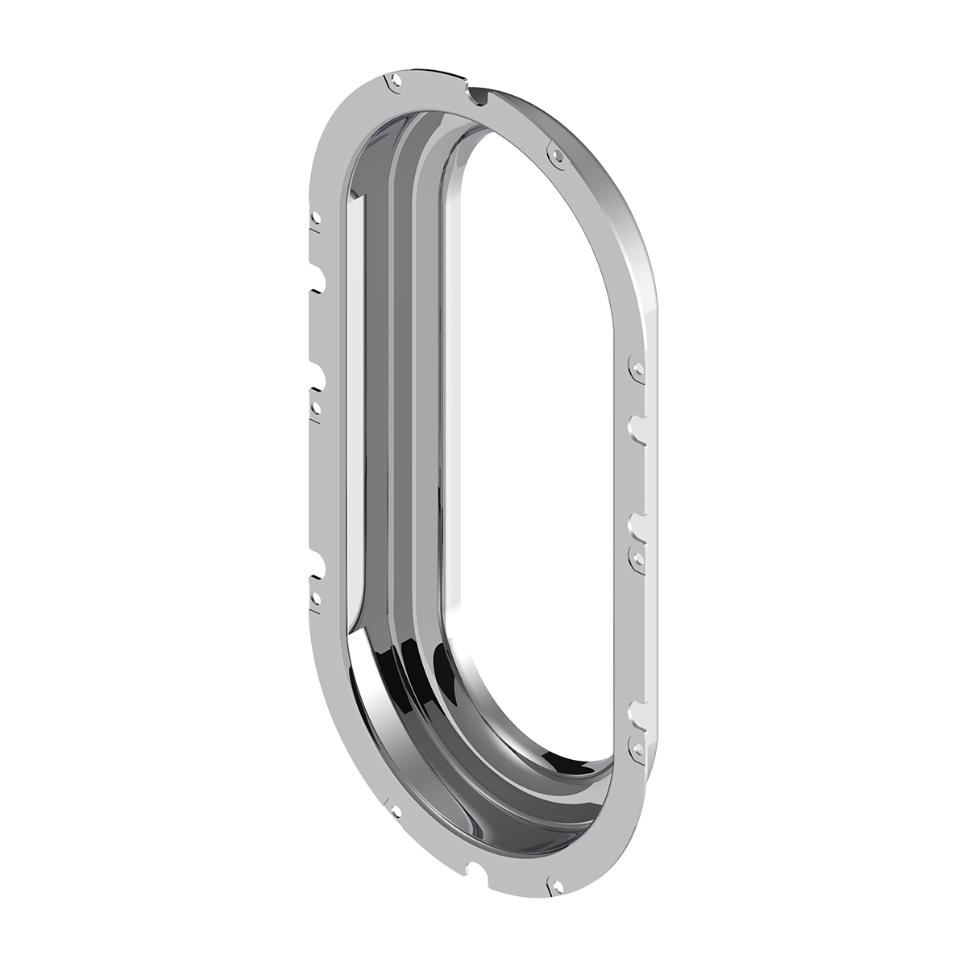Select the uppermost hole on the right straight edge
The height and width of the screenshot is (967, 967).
coord(637,367)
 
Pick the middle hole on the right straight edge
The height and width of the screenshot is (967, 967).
coord(637,555)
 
